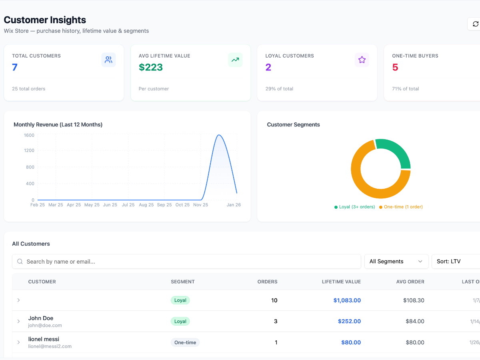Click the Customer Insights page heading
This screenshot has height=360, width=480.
pos(45,20)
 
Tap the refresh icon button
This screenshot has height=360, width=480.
pos(475,24)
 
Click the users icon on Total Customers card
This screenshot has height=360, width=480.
pos(108,60)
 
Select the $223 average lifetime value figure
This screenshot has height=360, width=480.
pos(151,67)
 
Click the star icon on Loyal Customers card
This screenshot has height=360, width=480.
pos(362,60)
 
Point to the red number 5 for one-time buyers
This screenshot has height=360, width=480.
pos(395,67)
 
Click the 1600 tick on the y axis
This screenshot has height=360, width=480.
pos(29,135)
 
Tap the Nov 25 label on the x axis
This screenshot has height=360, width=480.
pos(200,205)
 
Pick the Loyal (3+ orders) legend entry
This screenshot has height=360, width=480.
pos(354,207)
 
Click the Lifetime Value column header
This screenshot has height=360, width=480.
pos(341,282)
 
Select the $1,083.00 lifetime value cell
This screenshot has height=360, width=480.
pos(347,300)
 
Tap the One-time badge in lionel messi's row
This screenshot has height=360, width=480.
pos(185,342)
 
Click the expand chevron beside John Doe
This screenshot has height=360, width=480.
pos(18,321)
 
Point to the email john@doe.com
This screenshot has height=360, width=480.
pos(45,326)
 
